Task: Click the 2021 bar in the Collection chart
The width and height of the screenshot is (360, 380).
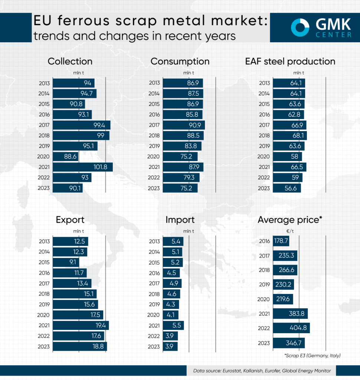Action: tap(82, 167)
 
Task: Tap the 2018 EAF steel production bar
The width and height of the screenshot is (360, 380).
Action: tap(289, 135)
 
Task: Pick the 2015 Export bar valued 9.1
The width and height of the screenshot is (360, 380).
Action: tap(66, 262)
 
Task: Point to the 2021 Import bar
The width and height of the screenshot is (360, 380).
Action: tap(173, 325)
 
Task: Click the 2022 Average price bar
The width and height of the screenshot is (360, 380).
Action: tap(291, 328)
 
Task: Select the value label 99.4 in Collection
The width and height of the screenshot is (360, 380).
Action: tap(99, 125)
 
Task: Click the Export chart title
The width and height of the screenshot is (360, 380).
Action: tap(70, 220)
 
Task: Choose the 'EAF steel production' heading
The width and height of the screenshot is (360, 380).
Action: tap(290, 61)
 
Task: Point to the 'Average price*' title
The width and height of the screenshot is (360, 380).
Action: tap(289, 220)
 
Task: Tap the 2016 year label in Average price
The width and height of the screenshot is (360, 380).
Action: tap(264, 241)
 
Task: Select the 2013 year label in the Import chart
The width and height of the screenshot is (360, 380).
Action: tap(154, 242)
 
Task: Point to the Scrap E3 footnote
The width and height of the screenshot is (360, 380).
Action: tap(312, 356)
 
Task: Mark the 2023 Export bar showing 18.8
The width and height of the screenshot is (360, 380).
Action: tap(80, 346)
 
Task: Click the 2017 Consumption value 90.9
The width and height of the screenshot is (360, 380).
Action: tap(194, 125)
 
